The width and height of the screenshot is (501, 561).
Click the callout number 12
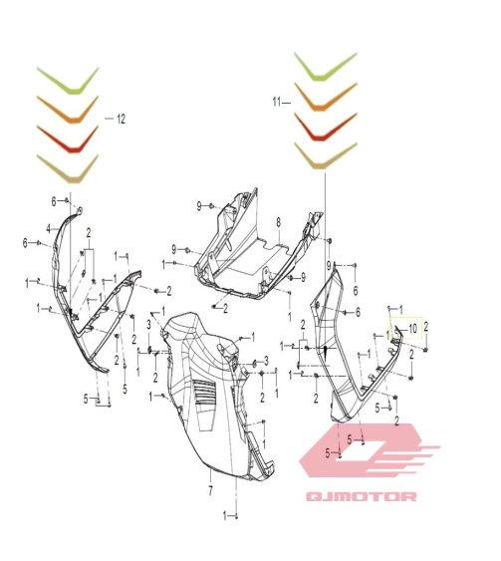[x=122, y=119]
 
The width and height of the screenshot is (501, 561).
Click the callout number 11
[x=277, y=102]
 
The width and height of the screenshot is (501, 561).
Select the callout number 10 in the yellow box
[x=412, y=329]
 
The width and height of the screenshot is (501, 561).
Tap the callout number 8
[x=279, y=222]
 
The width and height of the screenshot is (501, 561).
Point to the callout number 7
[x=210, y=490]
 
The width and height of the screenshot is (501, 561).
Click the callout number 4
[x=49, y=229]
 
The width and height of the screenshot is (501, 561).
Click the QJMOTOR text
[x=362, y=496]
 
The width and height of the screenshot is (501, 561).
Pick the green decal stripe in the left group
[x=68, y=81]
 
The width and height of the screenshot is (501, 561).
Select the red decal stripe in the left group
[x=68, y=140]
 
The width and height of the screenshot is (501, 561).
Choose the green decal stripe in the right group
[x=326, y=67]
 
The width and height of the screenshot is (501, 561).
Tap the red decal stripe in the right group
[x=326, y=127]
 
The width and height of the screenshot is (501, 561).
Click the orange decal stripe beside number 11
[x=326, y=97]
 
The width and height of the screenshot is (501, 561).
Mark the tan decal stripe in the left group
[x=68, y=168]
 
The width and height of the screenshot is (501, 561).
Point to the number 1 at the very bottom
[x=225, y=516]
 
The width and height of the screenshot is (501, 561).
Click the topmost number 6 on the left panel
[x=54, y=202]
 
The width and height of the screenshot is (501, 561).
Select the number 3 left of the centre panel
[x=148, y=325]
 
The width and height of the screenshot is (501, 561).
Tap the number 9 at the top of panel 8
[x=199, y=206]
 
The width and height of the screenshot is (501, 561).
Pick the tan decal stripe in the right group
[x=326, y=156]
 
